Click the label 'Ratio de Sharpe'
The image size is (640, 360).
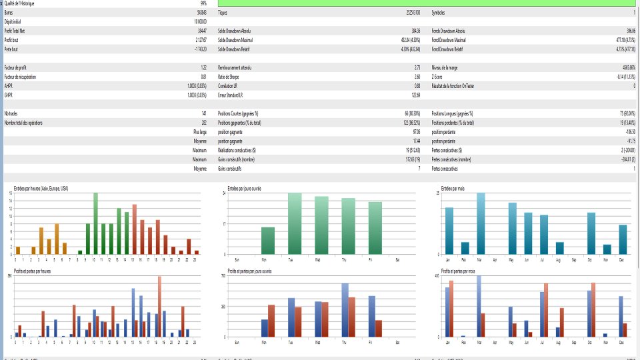230,77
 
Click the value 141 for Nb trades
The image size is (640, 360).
203,113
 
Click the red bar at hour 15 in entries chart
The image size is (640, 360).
134,229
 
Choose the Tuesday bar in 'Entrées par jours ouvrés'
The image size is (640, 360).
295,224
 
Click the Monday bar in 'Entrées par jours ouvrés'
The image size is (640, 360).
267,241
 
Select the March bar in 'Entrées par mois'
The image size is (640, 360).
481,224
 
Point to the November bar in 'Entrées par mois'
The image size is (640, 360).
607,249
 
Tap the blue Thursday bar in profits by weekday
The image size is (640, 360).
345,310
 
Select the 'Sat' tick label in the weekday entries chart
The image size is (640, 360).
397,259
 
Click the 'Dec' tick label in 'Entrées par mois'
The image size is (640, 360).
623,259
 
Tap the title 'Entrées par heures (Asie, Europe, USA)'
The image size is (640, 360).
41,189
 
